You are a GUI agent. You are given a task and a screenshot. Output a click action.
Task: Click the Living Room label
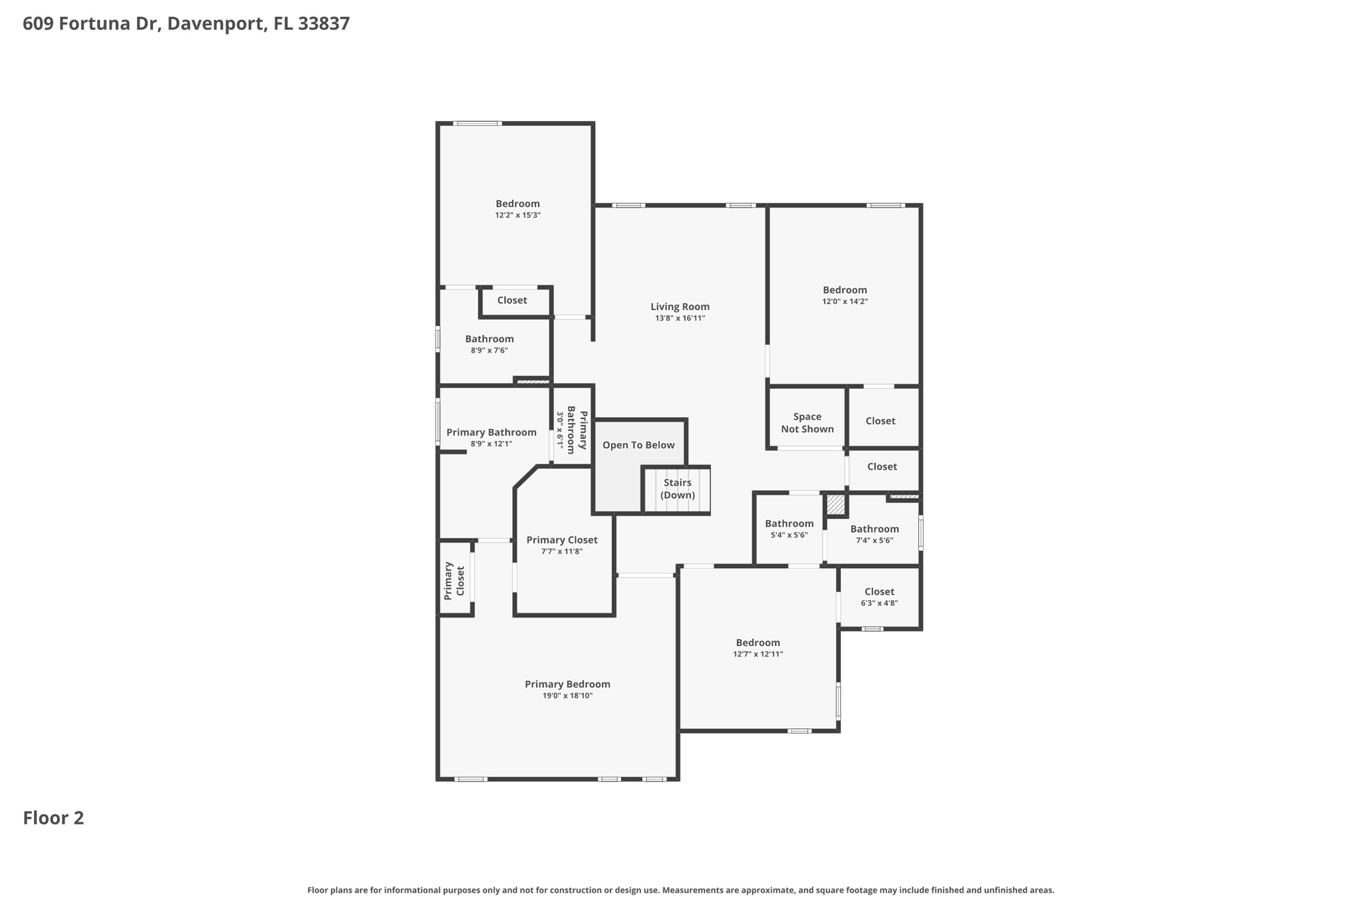(x=680, y=307)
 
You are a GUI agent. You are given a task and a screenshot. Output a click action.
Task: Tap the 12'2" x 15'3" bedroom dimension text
(x=517, y=216)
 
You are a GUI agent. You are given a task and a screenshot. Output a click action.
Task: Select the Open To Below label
(x=638, y=445)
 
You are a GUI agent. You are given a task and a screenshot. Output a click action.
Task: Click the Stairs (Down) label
(x=677, y=489)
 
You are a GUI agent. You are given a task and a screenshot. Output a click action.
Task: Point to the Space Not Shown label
(x=807, y=423)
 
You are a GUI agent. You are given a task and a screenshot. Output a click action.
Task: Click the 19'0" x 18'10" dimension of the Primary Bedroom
(x=567, y=696)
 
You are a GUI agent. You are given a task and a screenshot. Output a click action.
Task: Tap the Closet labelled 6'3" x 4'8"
(x=879, y=592)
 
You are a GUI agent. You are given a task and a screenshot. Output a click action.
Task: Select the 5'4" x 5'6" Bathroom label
(x=789, y=524)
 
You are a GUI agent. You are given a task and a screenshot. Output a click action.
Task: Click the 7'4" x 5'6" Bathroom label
(x=874, y=530)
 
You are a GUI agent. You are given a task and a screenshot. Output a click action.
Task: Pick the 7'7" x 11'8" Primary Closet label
(x=561, y=540)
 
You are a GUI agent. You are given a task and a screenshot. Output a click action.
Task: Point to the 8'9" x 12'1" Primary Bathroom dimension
(x=491, y=444)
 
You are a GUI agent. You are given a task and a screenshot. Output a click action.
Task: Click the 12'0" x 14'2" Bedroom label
(x=845, y=290)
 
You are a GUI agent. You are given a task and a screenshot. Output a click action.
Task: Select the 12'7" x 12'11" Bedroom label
(x=757, y=643)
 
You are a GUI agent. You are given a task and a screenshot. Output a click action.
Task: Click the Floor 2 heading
(x=53, y=818)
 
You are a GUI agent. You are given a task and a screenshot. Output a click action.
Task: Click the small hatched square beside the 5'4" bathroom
(x=835, y=505)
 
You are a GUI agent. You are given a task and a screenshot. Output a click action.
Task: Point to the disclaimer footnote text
(x=680, y=890)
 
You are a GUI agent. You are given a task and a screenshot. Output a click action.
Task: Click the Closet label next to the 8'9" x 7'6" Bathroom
(x=511, y=300)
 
